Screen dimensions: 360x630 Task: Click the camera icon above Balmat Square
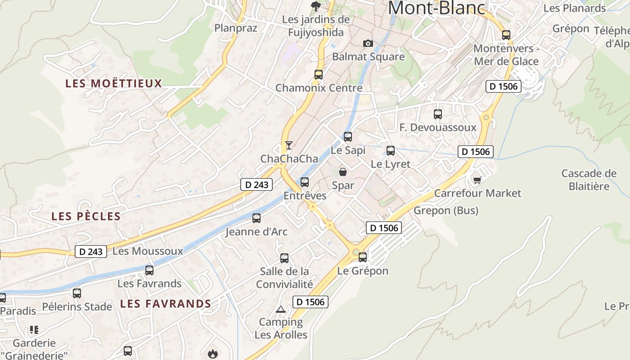coord(368,43)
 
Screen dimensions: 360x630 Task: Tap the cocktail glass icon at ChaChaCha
coord(289,145)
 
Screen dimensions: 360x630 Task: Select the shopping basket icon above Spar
coord(343,171)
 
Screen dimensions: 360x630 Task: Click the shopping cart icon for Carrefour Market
coord(477,180)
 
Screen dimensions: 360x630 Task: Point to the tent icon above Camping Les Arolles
coord(281,309)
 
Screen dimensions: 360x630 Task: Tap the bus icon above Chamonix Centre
coord(319,75)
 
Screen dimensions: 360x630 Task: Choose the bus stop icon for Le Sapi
coord(348,136)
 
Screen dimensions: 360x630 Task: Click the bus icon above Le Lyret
coord(391,151)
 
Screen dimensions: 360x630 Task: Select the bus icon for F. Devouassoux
coord(438,114)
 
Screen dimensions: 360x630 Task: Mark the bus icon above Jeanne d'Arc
coord(256,218)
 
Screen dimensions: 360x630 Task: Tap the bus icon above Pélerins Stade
coord(77,293)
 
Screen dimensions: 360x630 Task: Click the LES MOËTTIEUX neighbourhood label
coord(113,83)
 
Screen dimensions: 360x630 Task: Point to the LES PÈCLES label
coord(86,216)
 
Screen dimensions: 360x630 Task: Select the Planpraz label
coord(236,28)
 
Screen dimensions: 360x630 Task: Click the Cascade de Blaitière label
coord(589,180)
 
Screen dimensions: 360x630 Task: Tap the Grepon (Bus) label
coord(446,210)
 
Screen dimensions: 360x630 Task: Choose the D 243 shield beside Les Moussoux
coord(91,252)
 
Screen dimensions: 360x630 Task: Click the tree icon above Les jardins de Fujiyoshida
coord(316,6)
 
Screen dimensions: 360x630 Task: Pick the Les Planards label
coord(575,8)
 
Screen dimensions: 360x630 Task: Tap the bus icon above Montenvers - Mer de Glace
coord(506,35)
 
